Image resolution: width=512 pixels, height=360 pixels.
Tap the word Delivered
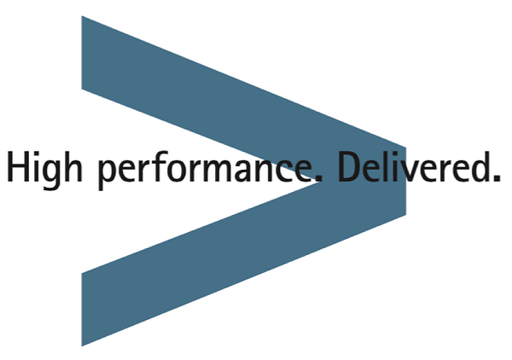419,166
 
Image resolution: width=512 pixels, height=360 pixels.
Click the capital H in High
18,166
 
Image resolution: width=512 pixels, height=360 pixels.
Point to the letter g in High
51,174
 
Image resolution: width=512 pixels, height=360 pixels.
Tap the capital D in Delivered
351,166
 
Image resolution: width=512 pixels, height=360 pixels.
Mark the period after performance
318,178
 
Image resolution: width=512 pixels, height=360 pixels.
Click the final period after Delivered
497,178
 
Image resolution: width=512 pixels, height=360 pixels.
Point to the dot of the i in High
36,154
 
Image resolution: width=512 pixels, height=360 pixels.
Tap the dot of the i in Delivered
394,154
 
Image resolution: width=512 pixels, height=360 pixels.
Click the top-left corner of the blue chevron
82,15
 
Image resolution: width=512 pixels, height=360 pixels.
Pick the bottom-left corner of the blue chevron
82,346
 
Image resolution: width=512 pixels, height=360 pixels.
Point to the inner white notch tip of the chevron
321,182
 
